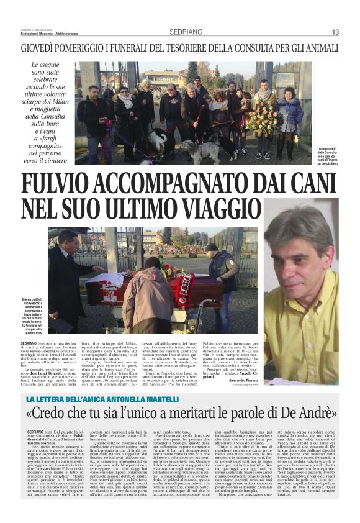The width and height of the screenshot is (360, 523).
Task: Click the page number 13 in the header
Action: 335,32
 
